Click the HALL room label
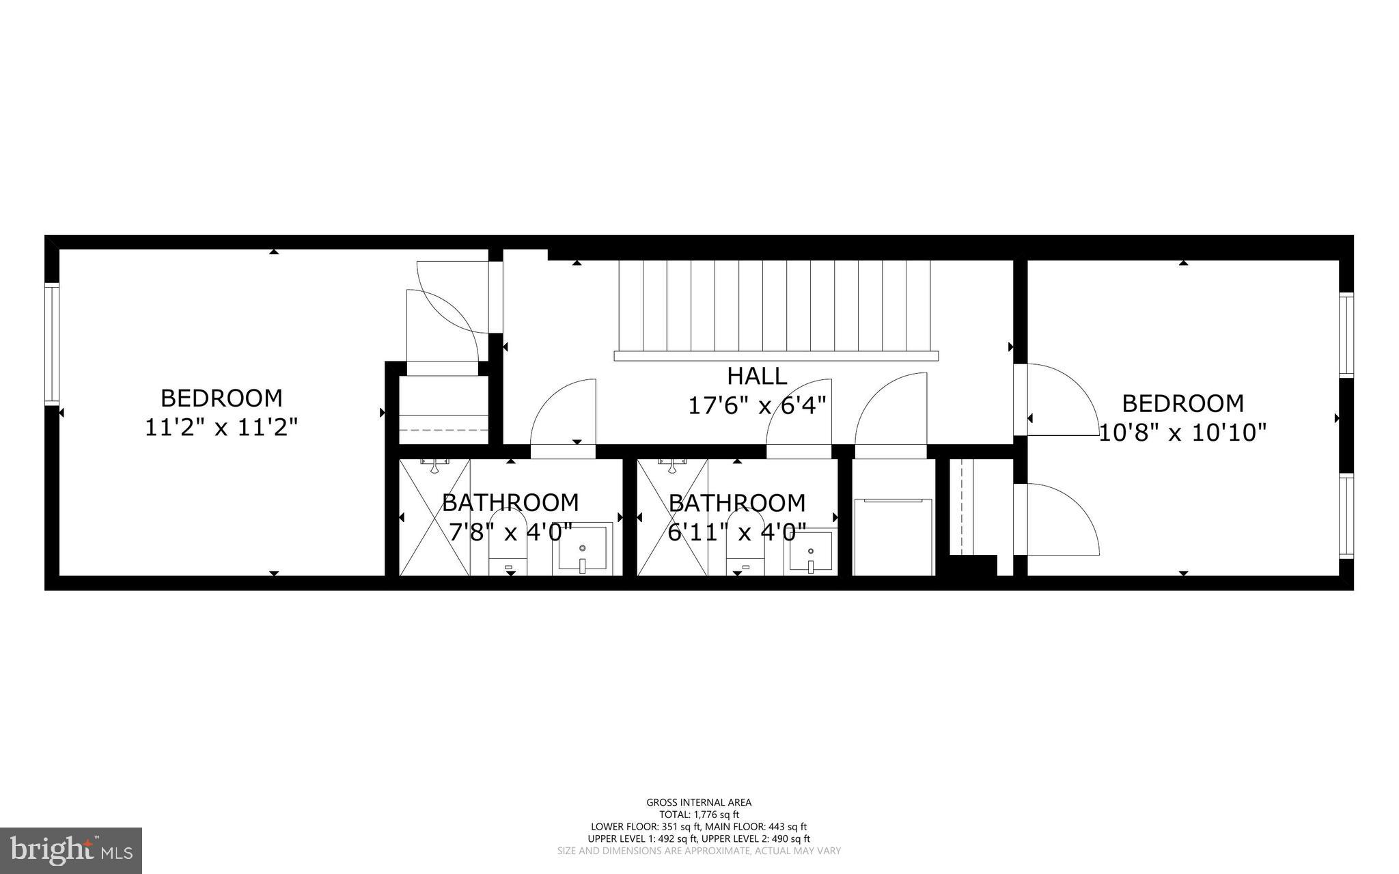(x=756, y=376)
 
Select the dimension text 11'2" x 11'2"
(x=221, y=428)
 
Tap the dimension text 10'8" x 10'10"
(x=1182, y=433)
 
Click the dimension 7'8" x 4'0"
(x=510, y=532)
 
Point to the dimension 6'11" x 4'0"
(x=736, y=532)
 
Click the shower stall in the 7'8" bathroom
(x=434, y=517)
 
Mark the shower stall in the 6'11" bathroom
(x=672, y=517)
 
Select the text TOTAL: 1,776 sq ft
(x=699, y=815)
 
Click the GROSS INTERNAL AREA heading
(x=699, y=802)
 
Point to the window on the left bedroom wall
(x=52, y=344)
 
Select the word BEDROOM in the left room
(x=221, y=398)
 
